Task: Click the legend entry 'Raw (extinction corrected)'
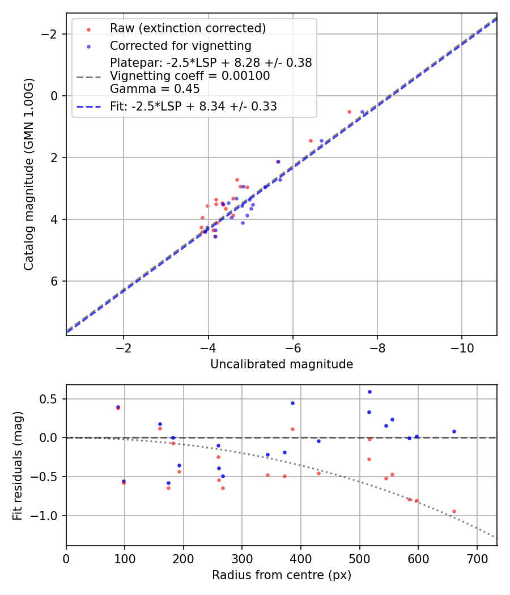click(x=188, y=28)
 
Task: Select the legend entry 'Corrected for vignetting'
click(x=180, y=45)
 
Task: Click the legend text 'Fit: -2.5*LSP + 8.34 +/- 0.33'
click(x=193, y=106)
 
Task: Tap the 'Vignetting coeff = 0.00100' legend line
click(x=190, y=76)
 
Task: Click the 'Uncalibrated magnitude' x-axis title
click(x=282, y=364)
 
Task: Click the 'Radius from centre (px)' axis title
click(x=282, y=575)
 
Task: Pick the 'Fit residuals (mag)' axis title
click(x=18, y=465)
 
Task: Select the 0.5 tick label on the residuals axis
click(x=52, y=399)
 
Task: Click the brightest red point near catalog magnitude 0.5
click(x=349, y=112)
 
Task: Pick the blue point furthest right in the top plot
click(x=362, y=112)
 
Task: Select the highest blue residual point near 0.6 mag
click(x=369, y=392)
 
